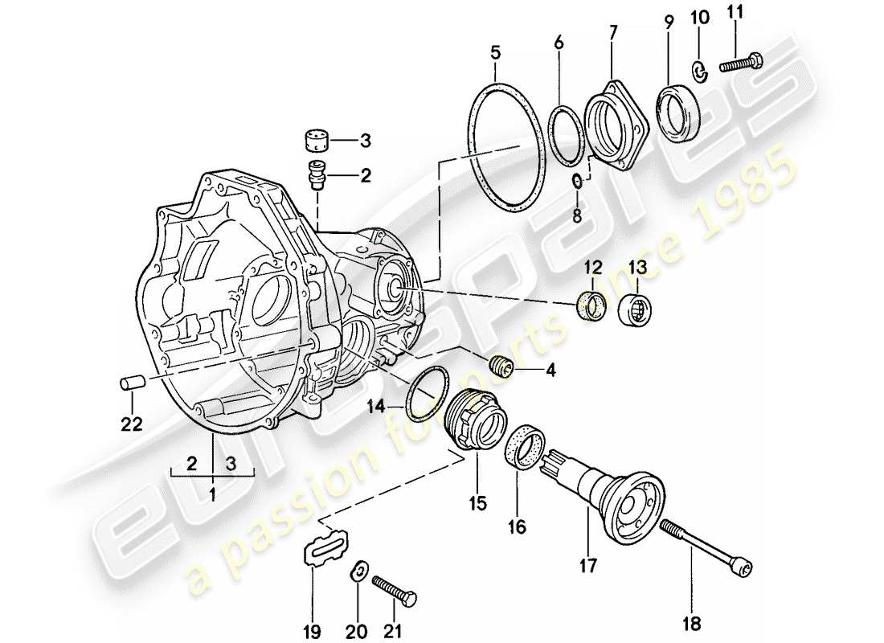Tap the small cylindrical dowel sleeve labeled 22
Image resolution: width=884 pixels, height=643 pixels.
pos(131,382)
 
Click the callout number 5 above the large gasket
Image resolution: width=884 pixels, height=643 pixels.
pos(495,54)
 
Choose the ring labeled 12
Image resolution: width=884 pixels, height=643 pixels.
pos(593,306)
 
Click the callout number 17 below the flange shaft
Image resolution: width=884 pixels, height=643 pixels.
pos(588,567)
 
